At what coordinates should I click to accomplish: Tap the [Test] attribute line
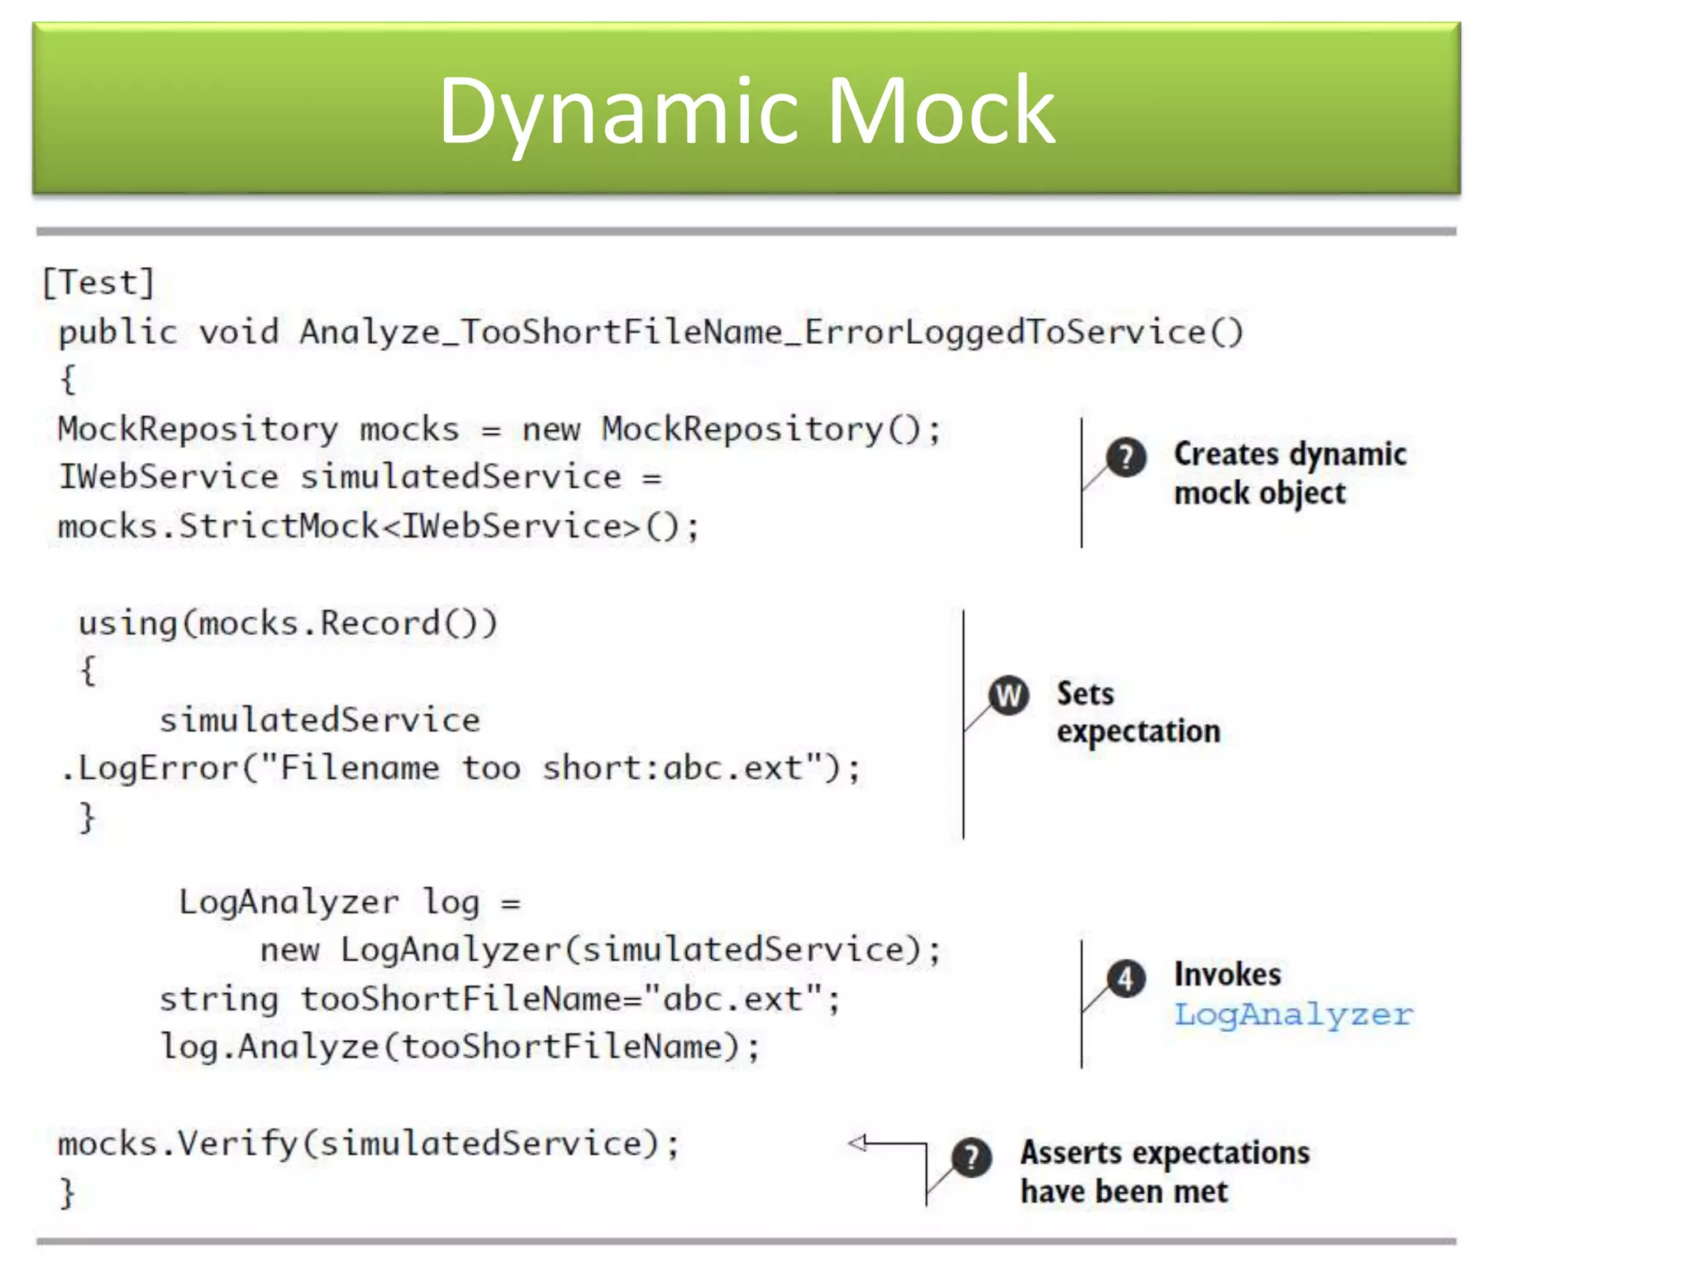pos(98,283)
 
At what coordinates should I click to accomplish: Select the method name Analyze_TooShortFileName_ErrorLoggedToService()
pos(770,332)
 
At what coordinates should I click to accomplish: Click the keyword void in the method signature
pos(238,332)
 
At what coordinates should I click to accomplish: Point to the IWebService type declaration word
pos(169,477)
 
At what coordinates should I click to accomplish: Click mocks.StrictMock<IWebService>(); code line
pos(378,527)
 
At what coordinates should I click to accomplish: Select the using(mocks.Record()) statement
pos(288,623)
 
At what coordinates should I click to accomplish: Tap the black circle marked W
pos(1009,695)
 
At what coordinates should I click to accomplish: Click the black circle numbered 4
pos(1126,980)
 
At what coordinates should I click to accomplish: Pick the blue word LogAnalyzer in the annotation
pos(1294,1015)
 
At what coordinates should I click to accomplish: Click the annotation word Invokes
pos(1228,974)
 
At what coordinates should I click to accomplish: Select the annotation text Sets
pos(1085,693)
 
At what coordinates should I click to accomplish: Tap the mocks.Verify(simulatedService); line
pos(368,1144)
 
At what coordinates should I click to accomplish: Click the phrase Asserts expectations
pos(1164,1153)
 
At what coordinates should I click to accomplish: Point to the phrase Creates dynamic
pos(1290,454)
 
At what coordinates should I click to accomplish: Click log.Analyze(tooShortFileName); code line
pos(460,1048)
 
